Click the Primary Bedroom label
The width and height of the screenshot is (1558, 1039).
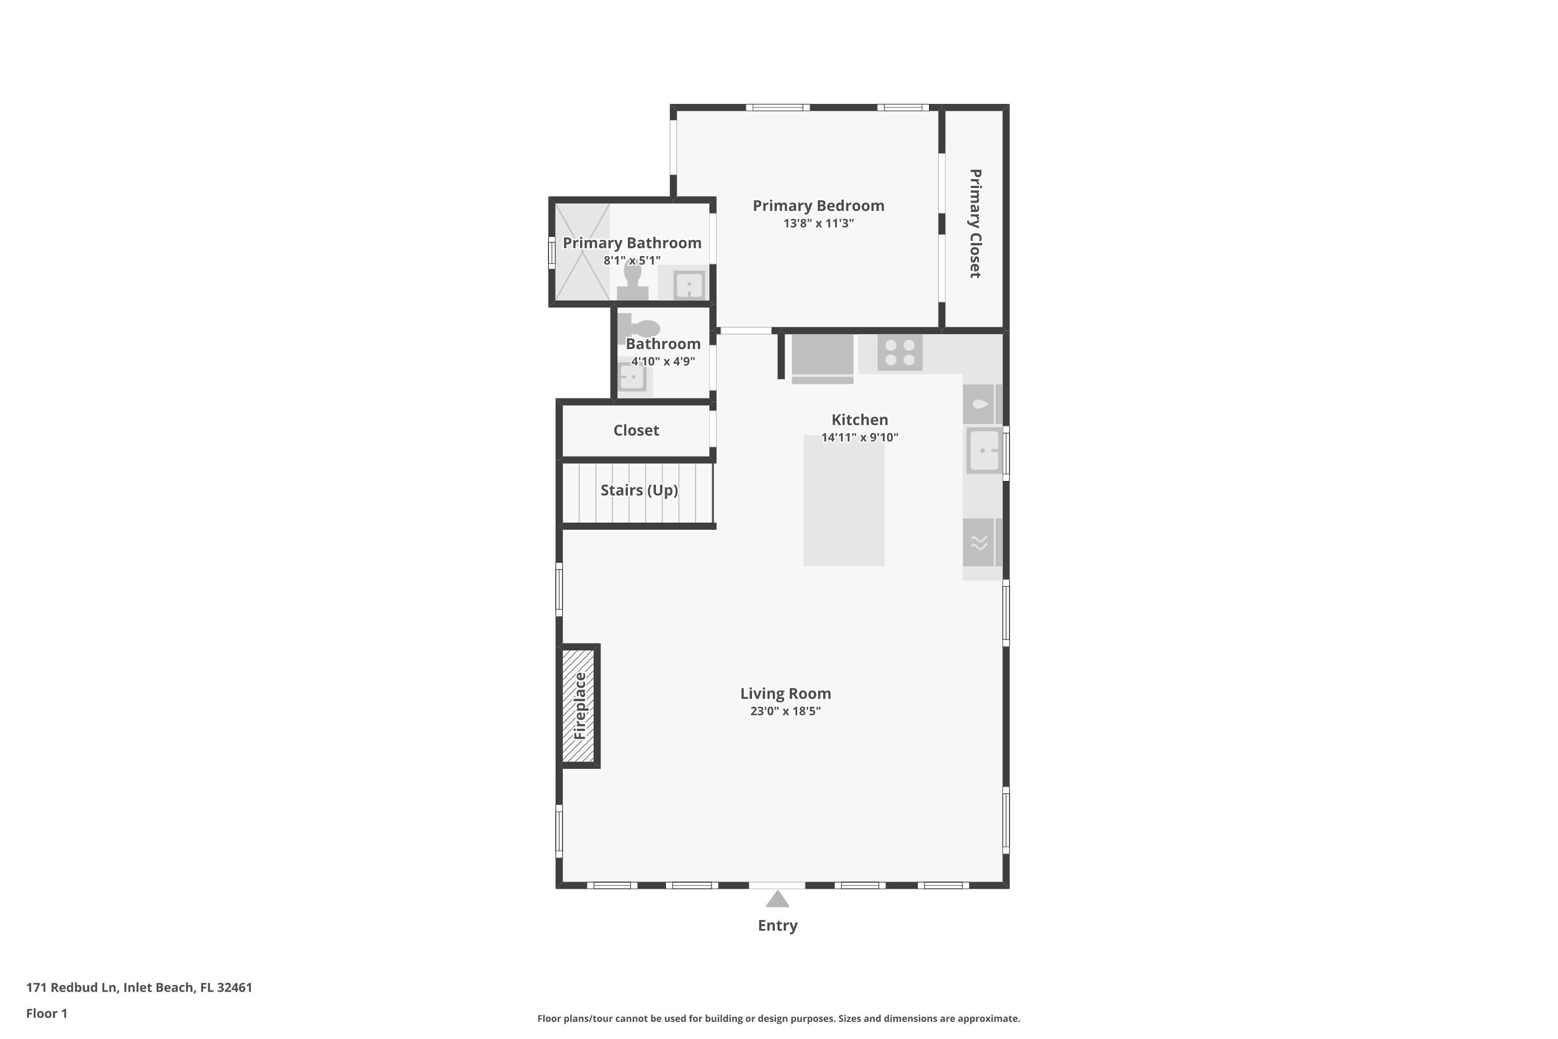click(818, 205)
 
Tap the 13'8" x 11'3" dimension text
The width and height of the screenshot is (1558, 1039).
click(818, 223)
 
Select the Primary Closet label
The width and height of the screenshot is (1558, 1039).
click(974, 223)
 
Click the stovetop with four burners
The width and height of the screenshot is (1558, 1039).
click(899, 353)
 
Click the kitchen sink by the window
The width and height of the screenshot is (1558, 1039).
click(983, 450)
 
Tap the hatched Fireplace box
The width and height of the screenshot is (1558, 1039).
click(579, 705)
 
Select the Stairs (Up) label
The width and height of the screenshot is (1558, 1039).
click(639, 490)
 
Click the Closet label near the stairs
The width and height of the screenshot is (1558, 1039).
click(636, 431)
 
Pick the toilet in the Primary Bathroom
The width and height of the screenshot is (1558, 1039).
click(632, 282)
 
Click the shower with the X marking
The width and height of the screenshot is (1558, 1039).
click(582, 252)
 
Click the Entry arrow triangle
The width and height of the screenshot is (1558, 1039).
click(777, 900)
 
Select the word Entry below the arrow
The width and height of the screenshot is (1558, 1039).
click(777, 926)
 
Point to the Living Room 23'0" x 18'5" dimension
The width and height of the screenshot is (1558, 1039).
click(785, 711)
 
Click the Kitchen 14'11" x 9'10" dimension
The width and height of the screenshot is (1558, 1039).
click(859, 437)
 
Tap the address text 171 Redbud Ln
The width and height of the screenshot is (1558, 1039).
click(139, 988)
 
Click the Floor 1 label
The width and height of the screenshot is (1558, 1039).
click(46, 1013)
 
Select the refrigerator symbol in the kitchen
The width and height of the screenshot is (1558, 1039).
click(822, 358)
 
